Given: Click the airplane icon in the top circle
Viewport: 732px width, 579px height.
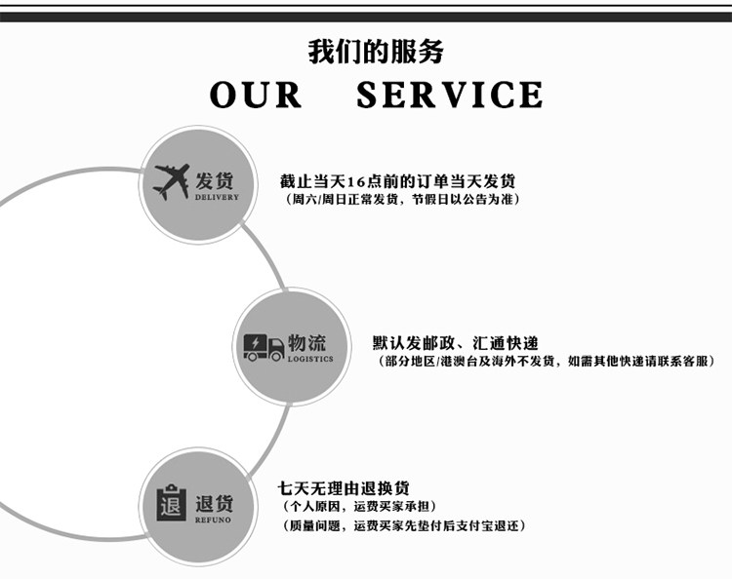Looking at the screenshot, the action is click(172, 180).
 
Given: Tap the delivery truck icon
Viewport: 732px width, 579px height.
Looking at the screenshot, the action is click(264, 347).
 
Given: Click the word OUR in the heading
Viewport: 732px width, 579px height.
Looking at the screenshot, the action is click(256, 95).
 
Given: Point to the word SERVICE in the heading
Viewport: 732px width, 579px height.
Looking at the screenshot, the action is click(449, 95).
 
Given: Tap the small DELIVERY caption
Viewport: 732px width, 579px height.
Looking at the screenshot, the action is click(217, 197).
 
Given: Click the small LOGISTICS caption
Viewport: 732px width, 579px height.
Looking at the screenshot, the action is click(310, 359).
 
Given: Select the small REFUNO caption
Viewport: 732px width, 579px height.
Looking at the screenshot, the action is click(215, 521).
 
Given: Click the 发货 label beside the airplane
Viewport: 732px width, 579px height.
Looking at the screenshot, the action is click(215, 180).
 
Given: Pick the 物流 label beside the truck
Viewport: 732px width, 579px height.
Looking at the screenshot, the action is click(307, 343).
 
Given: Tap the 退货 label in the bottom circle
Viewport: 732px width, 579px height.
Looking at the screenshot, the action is click(215, 504).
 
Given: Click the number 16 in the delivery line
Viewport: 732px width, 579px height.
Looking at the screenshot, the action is click(357, 181).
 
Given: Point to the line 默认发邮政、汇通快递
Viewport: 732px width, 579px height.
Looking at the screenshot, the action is click(455, 343).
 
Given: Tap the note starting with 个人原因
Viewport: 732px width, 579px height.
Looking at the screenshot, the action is click(358, 506).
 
